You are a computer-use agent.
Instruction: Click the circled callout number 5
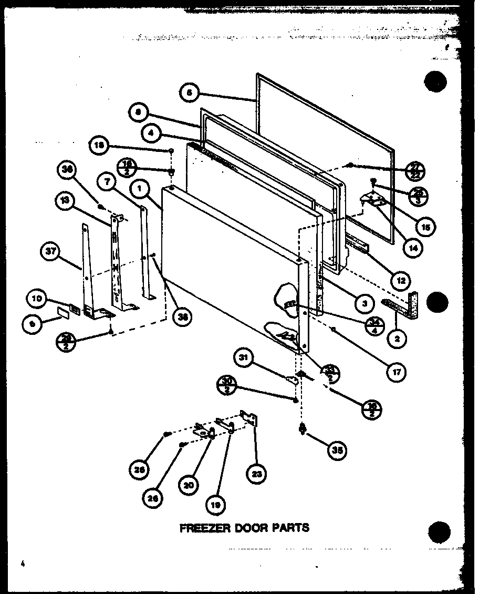tap(189, 93)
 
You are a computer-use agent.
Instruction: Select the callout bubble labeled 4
tap(151, 134)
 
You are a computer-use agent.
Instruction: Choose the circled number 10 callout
tap(37, 300)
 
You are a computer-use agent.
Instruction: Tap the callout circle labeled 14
tap(415, 249)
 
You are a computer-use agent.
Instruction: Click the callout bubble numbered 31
tap(243, 359)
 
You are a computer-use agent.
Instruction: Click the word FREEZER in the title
tap(202, 527)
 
